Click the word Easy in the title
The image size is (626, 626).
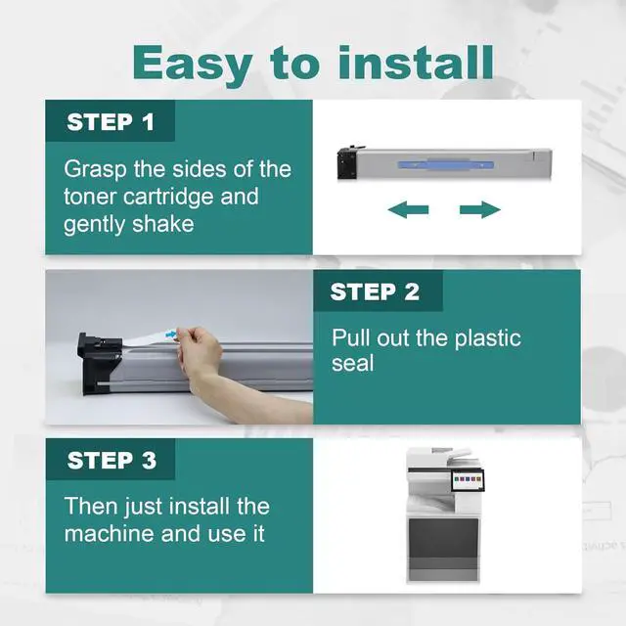coord(193,64)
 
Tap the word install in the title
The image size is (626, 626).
coord(417,62)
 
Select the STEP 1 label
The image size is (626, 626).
coord(111,121)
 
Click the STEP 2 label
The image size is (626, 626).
coord(375,291)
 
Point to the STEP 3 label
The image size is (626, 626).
coord(112,461)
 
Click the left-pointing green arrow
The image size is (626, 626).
coord(408,209)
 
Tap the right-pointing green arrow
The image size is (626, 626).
coord(480,209)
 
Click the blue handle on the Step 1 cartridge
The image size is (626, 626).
coord(446,164)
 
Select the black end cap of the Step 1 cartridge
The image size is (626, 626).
coord(347,162)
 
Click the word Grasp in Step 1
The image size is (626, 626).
coord(95,170)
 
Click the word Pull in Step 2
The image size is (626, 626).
coord(351,337)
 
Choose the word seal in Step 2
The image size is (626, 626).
coord(352,363)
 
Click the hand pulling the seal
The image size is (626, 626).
coord(200,350)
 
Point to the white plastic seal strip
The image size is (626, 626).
coord(150,337)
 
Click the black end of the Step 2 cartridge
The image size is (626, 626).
coord(97,363)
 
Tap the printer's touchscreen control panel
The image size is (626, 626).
coord(468,480)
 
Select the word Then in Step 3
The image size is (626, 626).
coord(91,507)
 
